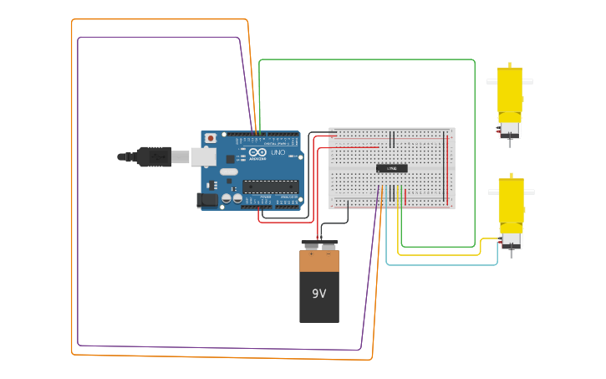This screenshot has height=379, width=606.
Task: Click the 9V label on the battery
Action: [x=318, y=294]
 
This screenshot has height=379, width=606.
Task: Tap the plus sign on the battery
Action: [x=311, y=253]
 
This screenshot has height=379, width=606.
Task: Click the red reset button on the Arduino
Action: [x=211, y=138]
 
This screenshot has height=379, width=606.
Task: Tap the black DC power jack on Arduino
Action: [x=206, y=200]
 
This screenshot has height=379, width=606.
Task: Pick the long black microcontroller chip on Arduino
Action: [x=270, y=186]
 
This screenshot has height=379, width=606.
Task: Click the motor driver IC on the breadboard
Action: [x=391, y=168]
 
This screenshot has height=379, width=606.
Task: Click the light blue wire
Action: [x=443, y=264]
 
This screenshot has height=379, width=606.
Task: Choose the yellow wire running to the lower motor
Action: [x=443, y=254]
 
